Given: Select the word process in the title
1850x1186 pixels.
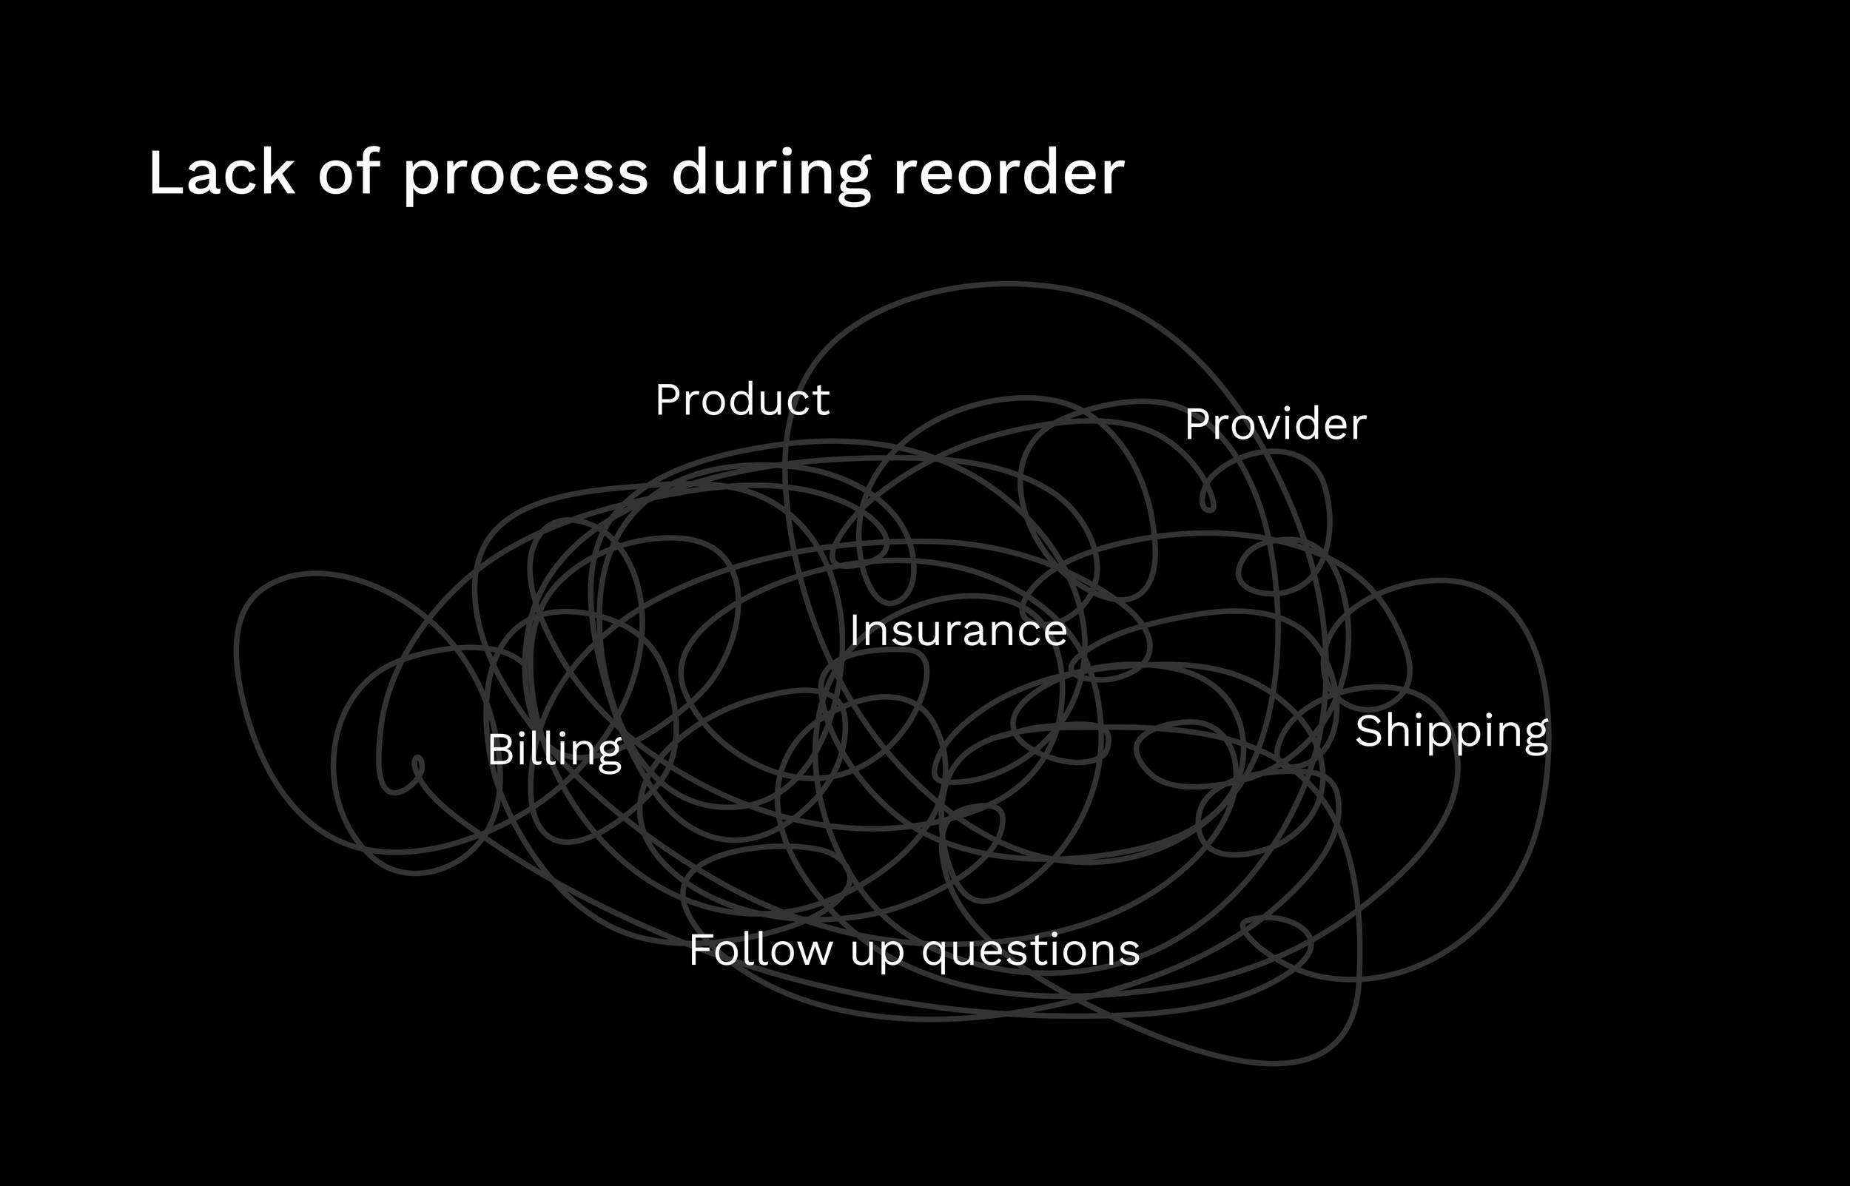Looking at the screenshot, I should pos(525,175).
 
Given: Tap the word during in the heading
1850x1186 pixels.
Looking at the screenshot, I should pos(771,174).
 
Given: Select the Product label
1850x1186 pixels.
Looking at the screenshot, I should pos(742,400).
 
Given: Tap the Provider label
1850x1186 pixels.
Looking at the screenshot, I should pos(1276,425).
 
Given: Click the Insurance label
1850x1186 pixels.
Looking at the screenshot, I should pos(958,631).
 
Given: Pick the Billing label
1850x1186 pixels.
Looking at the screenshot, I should pos(554,750).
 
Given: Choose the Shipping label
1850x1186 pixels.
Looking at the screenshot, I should pos(1452,732).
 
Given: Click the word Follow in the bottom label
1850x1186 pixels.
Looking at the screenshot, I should pos(760,950).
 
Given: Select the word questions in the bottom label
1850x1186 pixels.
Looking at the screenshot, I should pos(1031,952).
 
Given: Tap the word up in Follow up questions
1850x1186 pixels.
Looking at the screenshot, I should pos(876,954).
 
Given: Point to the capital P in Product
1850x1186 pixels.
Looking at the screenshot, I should pos(668,400).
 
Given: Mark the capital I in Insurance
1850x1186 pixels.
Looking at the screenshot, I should pos(855,631).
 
